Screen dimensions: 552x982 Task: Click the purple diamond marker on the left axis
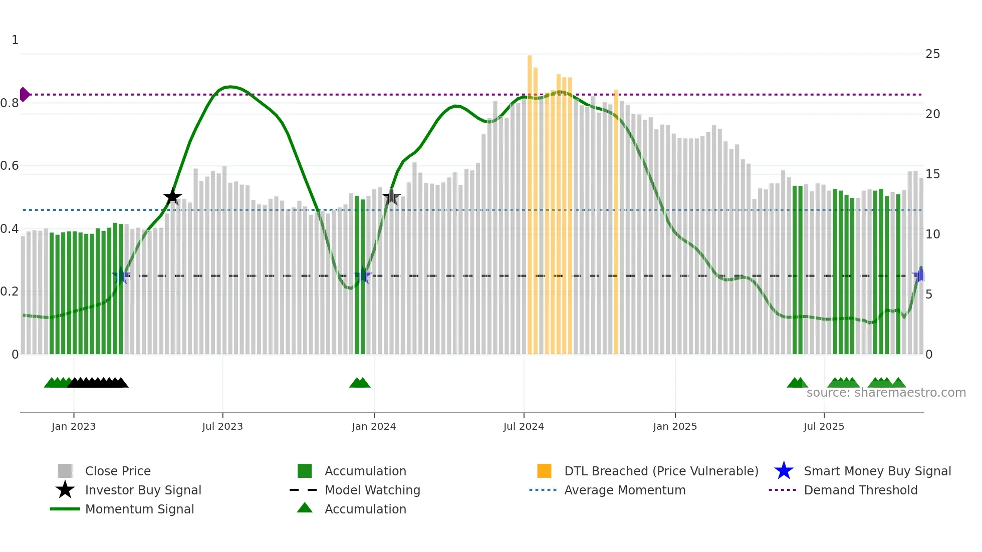pos(25,94)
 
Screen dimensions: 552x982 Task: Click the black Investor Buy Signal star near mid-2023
pos(172,197)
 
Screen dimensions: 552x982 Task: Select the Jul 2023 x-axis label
pos(222,426)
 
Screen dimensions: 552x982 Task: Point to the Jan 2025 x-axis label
pos(675,426)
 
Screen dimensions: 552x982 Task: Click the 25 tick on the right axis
pos(932,54)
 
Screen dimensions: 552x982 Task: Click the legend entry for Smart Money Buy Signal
pos(877,471)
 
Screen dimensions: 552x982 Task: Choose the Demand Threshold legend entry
pos(860,490)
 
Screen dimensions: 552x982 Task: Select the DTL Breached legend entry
pos(661,471)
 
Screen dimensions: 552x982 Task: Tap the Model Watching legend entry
pos(372,490)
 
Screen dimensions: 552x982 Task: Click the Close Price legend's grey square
pos(65,471)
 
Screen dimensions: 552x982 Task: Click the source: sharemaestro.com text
pos(886,393)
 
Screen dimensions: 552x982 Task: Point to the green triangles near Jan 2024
pos(360,383)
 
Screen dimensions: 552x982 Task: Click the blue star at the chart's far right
pos(920,275)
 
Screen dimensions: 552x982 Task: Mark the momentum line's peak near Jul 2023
pos(229,87)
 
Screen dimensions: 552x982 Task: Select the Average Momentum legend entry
pos(624,490)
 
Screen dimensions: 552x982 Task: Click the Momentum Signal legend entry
pos(139,509)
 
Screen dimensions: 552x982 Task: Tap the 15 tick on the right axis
pos(932,174)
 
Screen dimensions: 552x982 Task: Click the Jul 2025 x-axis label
pos(824,426)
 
